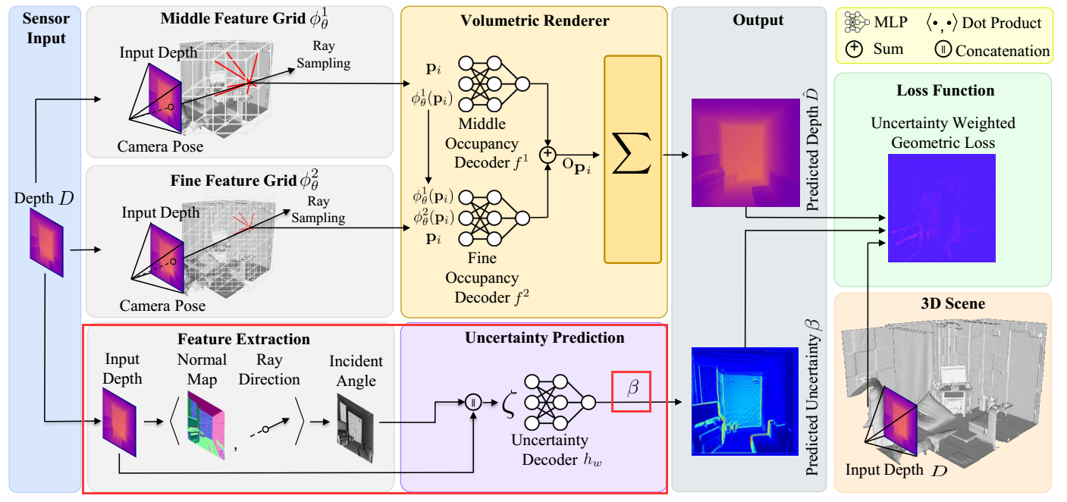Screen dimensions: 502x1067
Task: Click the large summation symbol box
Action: click(x=632, y=158)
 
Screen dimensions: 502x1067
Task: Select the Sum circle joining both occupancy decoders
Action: click(x=547, y=155)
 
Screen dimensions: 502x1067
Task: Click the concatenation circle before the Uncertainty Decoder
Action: click(x=473, y=402)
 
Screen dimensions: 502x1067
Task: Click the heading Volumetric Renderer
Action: click(x=535, y=20)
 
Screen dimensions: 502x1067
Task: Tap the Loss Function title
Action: click(x=945, y=90)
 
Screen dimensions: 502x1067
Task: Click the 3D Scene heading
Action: click(x=945, y=304)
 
